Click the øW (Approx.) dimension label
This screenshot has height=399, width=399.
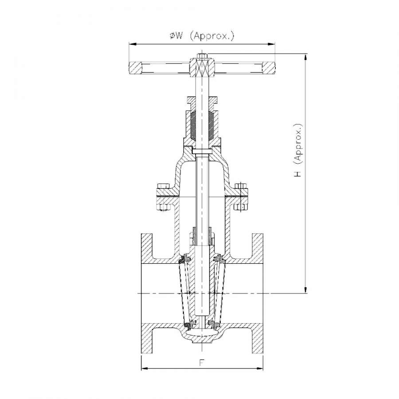point(202,35)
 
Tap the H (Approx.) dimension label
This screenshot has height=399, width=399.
point(297,150)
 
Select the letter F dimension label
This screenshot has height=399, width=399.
point(202,363)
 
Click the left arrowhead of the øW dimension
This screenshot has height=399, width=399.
point(133,44)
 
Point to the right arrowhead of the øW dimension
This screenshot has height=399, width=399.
point(271,44)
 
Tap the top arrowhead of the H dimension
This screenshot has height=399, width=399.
point(305,58)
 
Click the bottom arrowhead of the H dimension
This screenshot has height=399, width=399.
point(305,289)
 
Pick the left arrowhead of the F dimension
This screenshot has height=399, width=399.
point(145,368)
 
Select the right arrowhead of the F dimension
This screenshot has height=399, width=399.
point(259,368)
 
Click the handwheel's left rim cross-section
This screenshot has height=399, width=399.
point(135,68)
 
